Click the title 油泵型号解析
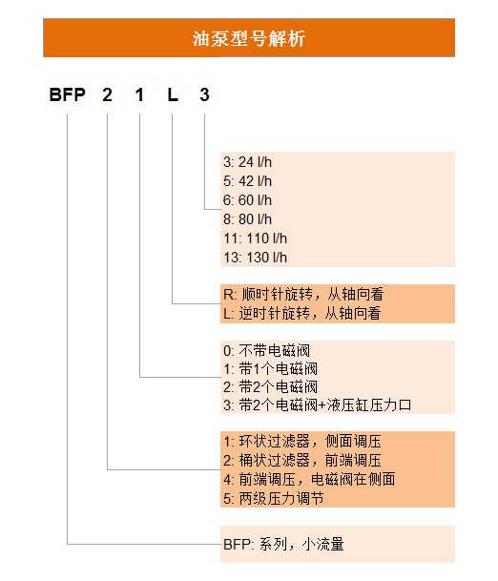pos(249,38)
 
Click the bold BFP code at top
pos(68,94)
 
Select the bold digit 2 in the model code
pos(107,94)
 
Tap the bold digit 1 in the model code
pos(139,94)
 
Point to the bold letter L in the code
pos(173,94)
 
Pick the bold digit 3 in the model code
pos(204,94)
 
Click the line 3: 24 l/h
pos(247,162)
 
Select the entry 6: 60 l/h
pos(247,200)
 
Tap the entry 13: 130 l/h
pos(256,258)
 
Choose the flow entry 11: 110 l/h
pos(256,239)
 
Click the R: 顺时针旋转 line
pos(303,295)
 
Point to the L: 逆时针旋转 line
pos(302,314)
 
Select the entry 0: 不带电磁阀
pos(266,350)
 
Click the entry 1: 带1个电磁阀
pos(271,369)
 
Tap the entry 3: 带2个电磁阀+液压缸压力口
pos(317,405)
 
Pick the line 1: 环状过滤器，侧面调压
pos(302,442)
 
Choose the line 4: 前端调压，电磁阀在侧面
pos(309,480)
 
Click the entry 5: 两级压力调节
pos(274,498)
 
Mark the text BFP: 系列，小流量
pos(284,545)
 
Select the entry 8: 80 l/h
pos(247,219)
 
